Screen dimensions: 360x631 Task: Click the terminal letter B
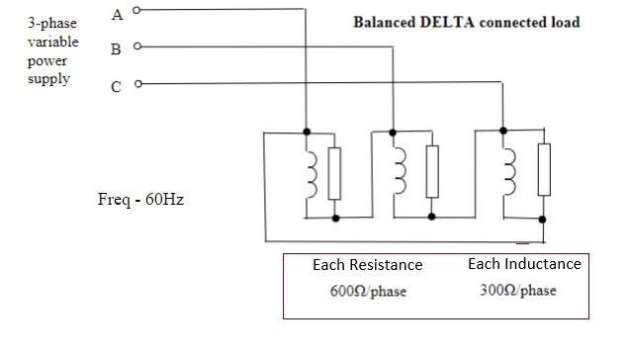tap(117, 47)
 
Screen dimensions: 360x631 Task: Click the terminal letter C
tap(117, 86)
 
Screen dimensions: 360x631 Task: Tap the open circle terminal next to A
tap(137, 11)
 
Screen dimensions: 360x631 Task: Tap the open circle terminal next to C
tap(137, 83)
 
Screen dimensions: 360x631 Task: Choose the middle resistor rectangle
tap(431, 174)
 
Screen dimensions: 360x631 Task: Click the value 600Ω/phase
tap(368, 292)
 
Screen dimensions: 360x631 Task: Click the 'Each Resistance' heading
tap(367, 265)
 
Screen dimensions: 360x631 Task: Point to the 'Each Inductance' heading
tap(524, 264)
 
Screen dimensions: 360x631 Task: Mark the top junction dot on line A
tap(308, 131)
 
